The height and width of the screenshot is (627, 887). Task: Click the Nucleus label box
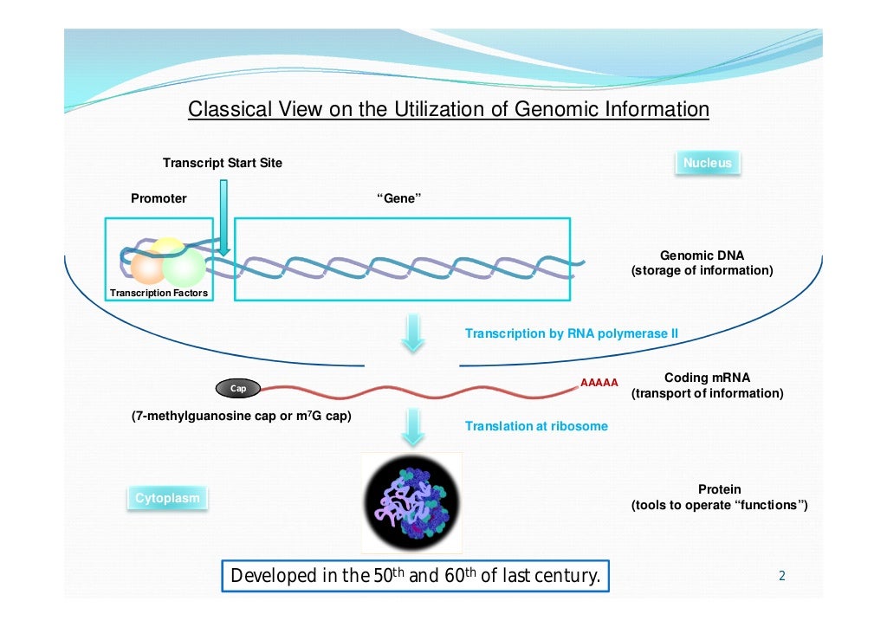(707, 163)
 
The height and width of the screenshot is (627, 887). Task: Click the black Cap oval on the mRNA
(237, 389)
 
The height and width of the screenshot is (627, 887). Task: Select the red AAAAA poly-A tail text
(599, 383)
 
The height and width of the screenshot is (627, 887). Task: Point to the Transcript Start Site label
(223, 163)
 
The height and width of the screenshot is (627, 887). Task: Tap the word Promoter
(159, 198)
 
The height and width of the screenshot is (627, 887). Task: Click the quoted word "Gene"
(399, 198)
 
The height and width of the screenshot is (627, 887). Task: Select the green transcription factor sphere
(183, 267)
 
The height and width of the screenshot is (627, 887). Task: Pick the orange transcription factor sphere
(146, 268)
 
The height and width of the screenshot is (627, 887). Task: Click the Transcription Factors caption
(159, 293)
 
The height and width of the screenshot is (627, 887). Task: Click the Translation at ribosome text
(536, 426)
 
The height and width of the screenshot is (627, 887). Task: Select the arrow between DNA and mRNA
(414, 333)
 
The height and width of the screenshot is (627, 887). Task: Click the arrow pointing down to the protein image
(414, 426)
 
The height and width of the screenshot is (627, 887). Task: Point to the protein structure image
(411, 502)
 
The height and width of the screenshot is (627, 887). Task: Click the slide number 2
(781, 576)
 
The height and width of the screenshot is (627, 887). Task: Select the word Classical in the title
(227, 110)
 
